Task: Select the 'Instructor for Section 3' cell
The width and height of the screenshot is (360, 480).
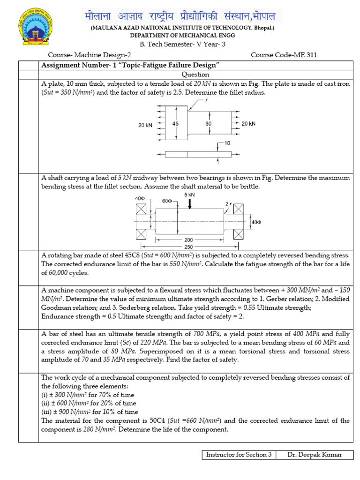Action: pos(239,455)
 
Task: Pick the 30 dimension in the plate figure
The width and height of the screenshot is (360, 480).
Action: pos(208,124)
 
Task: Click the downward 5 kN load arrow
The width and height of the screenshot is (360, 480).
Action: pos(190,203)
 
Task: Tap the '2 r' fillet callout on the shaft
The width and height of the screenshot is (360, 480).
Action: pos(228,204)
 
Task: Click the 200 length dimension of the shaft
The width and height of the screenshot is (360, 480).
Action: pos(188,240)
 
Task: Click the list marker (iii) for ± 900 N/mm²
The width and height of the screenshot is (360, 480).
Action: pos(47,412)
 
